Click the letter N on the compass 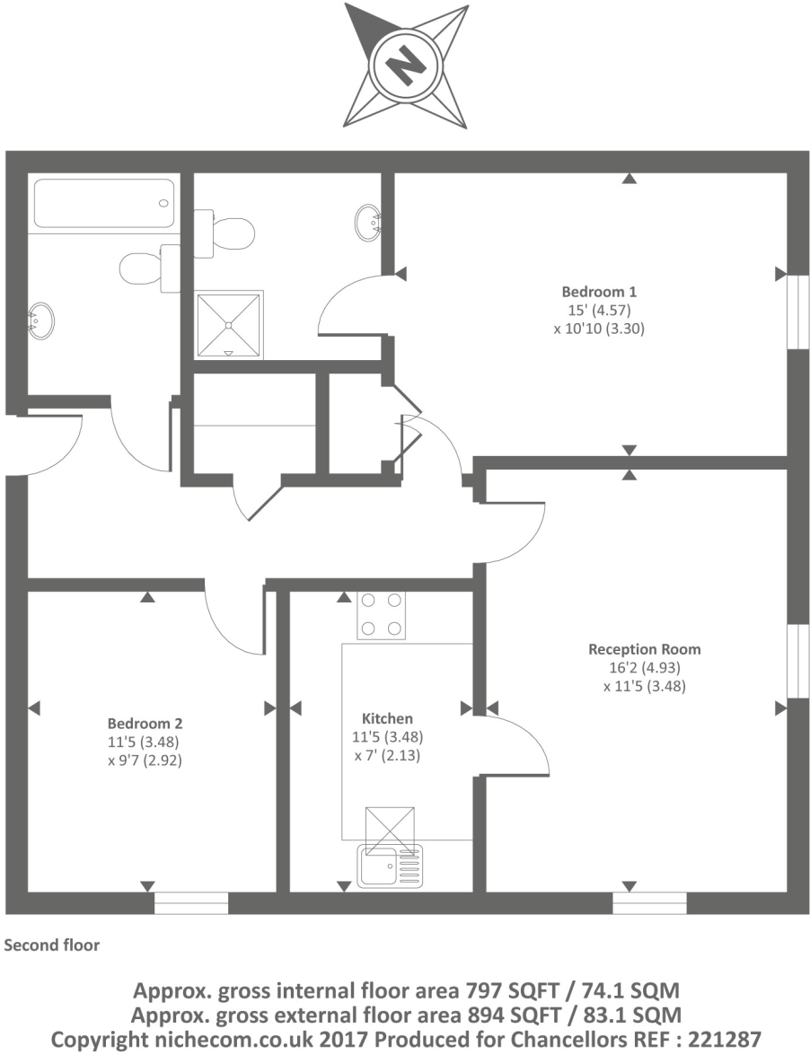(406, 66)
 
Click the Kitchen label (387, 718)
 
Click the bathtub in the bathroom (103, 203)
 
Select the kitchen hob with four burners (381, 615)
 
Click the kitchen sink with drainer (388, 867)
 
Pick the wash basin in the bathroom (40, 318)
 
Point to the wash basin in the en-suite (369, 220)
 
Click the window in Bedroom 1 (794, 311)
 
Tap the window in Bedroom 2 (191, 902)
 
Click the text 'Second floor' (52, 945)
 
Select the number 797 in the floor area (484, 992)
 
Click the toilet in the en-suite (227, 233)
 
